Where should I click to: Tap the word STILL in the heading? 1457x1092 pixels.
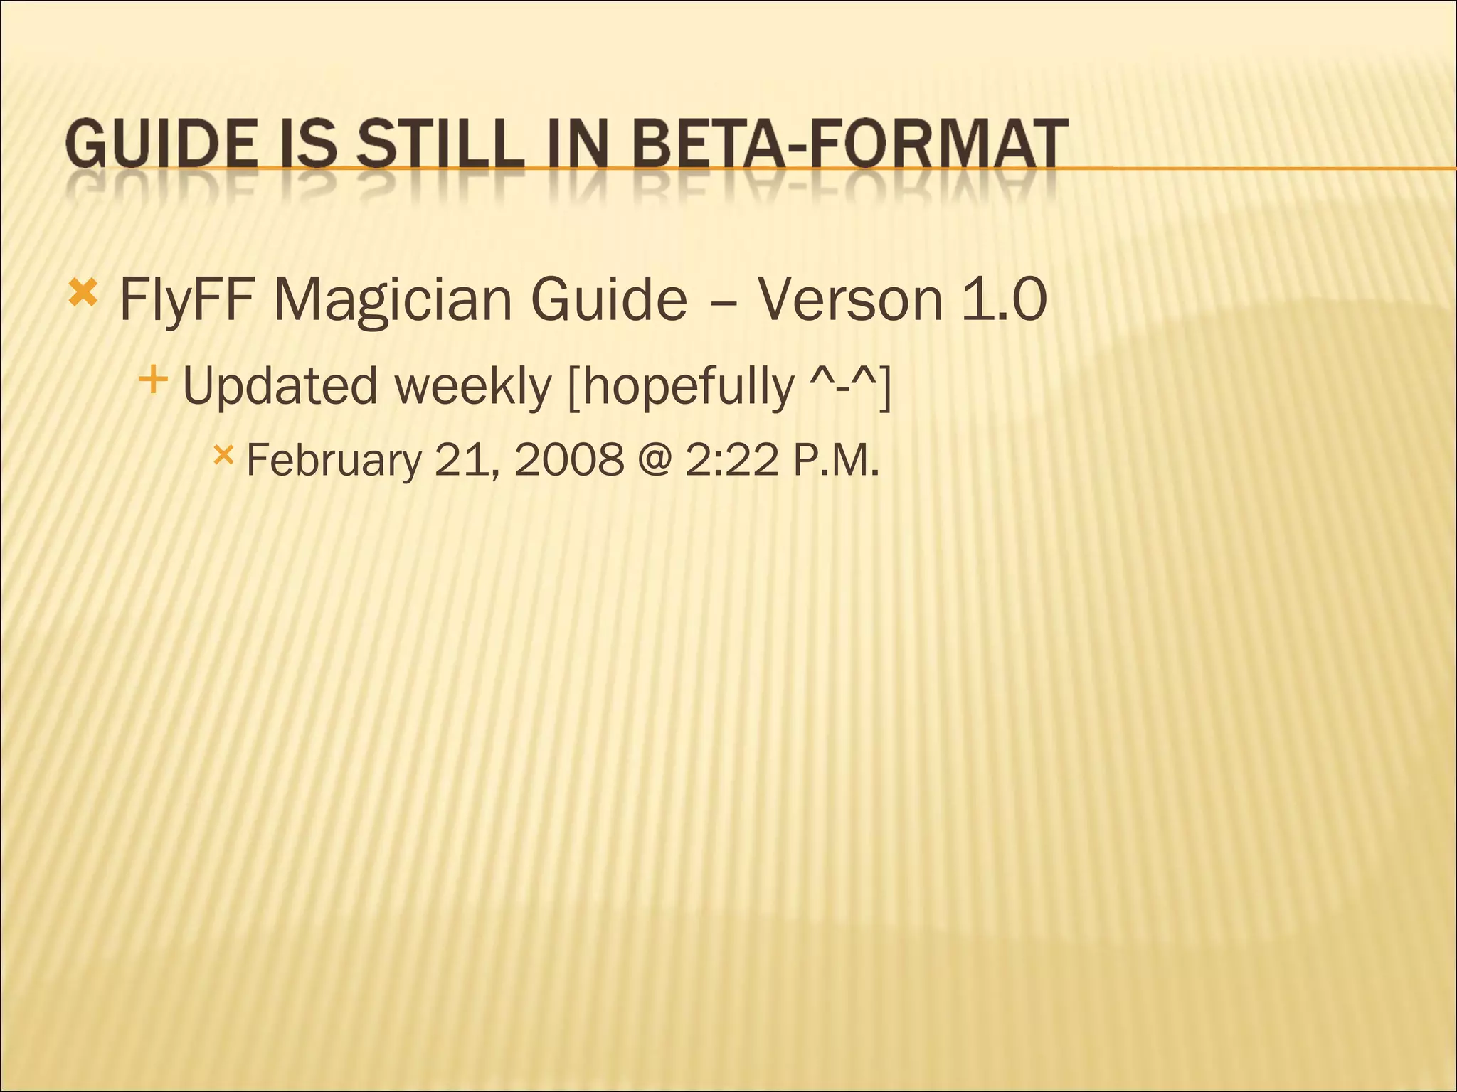[x=440, y=144]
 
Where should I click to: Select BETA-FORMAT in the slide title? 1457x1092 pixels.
[x=849, y=144]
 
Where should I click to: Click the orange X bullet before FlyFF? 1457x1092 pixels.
[x=83, y=293]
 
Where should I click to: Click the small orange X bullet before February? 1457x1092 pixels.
[x=223, y=454]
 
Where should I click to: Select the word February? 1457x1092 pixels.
[x=334, y=460]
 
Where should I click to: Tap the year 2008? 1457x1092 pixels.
[x=568, y=460]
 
